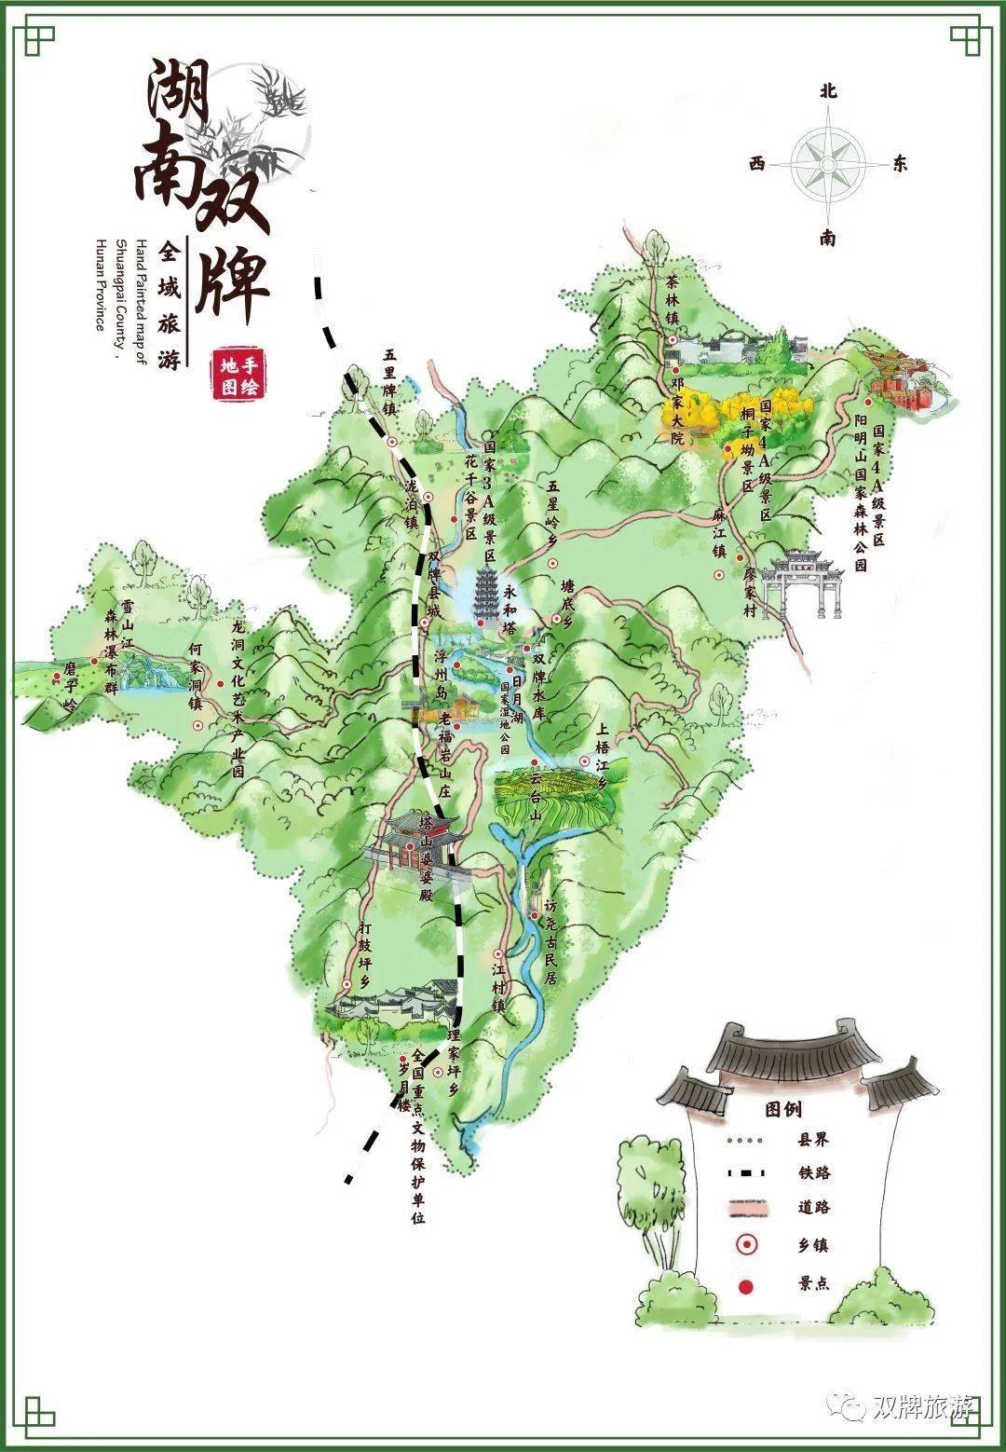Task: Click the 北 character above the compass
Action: point(827,90)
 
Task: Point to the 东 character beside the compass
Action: point(899,164)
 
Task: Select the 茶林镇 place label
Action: point(673,298)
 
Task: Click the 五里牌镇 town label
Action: point(390,382)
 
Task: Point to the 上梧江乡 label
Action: point(602,755)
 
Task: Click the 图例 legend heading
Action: point(782,1109)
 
